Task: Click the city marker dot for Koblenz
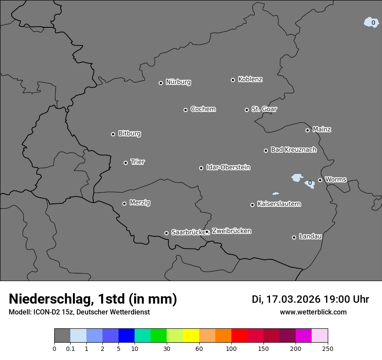coord(233,80)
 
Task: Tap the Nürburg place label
coord(178,82)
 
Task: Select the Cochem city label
coord(203,109)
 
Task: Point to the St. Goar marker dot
coord(247,110)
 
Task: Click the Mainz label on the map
coord(322,129)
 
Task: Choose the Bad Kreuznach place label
coord(293,150)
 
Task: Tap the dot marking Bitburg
coord(113,134)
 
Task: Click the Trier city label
coord(138,162)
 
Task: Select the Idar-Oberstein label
coord(228,167)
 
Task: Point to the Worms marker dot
coord(320,180)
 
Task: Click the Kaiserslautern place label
coord(279,204)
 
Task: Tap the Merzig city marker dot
coord(124,203)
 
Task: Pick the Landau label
coord(310,236)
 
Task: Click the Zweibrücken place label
coord(231,231)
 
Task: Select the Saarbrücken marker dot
coord(166,233)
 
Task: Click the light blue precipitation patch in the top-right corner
coord(371,23)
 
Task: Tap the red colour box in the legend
coord(239,336)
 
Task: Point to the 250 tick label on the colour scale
coord(328,348)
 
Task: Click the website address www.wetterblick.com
coord(313,312)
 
